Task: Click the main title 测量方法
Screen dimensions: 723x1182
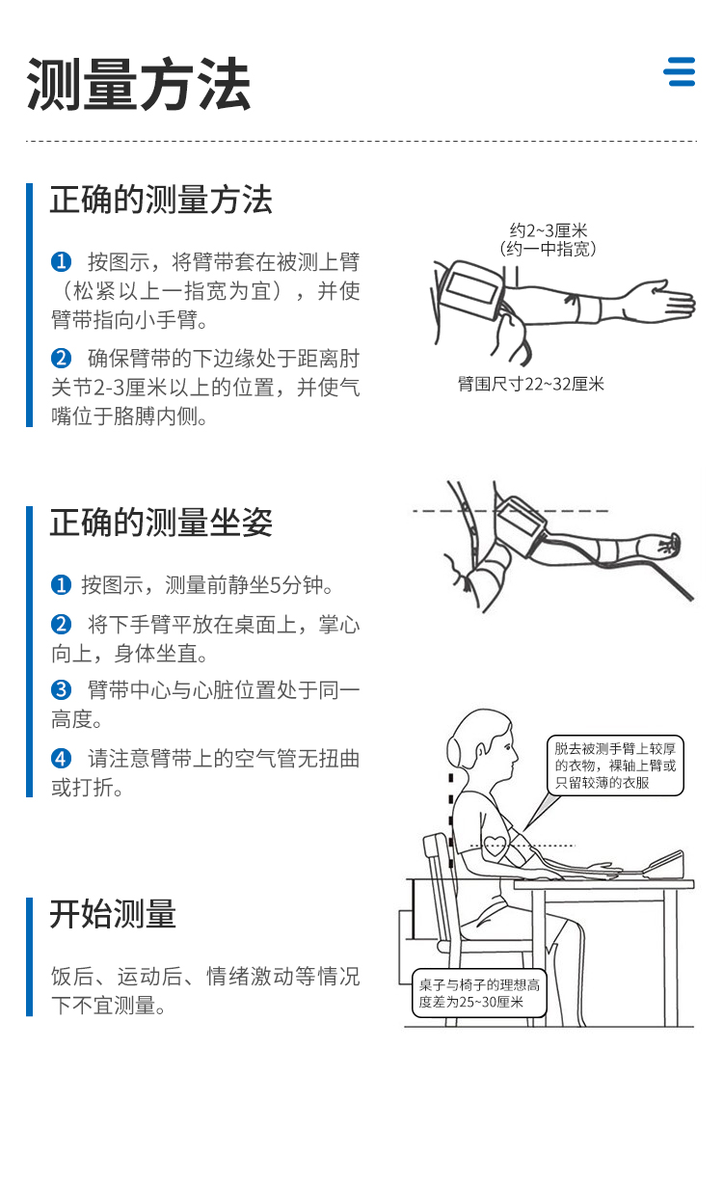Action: pyautogui.click(x=139, y=85)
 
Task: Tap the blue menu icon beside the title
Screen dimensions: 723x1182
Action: pyautogui.click(x=680, y=71)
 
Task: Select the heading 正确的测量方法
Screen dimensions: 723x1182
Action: pyautogui.click(x=161, y=200)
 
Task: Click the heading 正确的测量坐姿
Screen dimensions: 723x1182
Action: pyautogui.click(x=161, y=523)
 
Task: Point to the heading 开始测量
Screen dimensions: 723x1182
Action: pyautogui.click(x=113, y=914)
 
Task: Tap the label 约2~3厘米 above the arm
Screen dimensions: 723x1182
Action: pyautogui.click(x=549, y=230)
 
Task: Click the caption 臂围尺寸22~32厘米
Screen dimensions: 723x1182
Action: pyautogui.click(x=530, y=384)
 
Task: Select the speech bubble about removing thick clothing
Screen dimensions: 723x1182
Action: pyautogui.click(x=615, y=766)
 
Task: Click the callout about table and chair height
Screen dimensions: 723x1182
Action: pyautogui.click(x=479, y=993)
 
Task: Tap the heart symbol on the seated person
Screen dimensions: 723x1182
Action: pyautogui.click(x=495, y=846)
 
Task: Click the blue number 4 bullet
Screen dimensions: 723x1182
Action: pyautogui.click(x=62, y=759)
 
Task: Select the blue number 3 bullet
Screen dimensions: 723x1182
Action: pyautogui.click(x=62, y=689)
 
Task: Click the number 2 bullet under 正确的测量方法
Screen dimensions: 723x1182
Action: pyautogui.click(x=62, y=359)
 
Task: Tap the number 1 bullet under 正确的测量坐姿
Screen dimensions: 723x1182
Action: pyautogui.click(x=62, y=584)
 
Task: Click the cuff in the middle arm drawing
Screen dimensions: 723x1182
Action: pyautogui.click(x=520, y=525)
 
